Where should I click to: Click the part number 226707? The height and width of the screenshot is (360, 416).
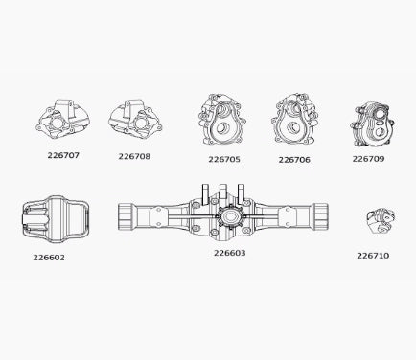point(63,155)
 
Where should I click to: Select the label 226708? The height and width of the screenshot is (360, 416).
point(134,156)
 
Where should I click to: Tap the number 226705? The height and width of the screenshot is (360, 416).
point(224,159)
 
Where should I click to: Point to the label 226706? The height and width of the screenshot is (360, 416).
point(294,160)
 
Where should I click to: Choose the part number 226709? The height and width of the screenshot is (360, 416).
point(368,159)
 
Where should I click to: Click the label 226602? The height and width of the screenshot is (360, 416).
point(49,258)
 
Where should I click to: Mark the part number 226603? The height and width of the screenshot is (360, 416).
point(230,253)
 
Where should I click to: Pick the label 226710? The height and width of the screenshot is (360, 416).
point(373,256)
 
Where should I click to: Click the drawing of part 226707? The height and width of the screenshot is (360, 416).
point(62,119)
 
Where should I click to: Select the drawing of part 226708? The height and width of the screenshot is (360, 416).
point(135,120)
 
